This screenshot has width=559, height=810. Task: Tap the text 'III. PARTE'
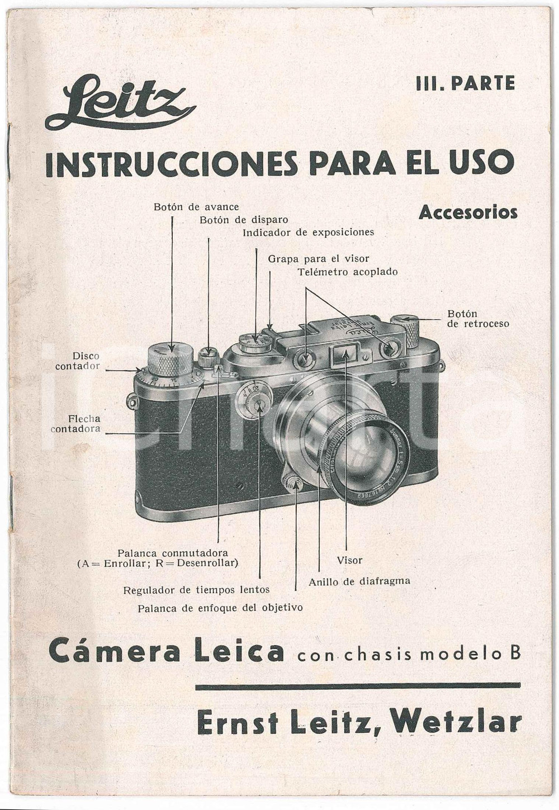465,84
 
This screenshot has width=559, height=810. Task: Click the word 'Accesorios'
467,212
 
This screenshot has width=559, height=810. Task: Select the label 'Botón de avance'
196,207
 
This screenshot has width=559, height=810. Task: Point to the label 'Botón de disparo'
244,220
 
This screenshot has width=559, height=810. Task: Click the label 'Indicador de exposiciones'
308,233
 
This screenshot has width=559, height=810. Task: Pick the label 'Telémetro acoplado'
347,272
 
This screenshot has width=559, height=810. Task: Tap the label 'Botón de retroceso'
477,319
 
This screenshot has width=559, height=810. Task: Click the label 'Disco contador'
78,361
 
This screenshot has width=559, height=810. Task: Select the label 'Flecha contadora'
76,424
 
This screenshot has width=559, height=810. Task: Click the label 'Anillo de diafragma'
359,581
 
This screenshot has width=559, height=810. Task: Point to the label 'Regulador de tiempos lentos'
196,590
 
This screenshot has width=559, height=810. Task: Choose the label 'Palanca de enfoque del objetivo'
220,608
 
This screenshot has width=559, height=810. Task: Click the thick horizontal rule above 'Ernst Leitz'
358,685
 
